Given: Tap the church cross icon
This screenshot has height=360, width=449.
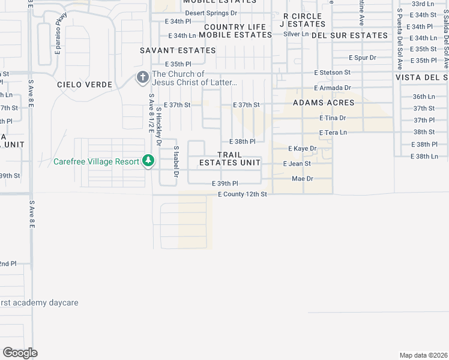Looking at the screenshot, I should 143,77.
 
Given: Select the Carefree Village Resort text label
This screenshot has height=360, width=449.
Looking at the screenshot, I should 97,161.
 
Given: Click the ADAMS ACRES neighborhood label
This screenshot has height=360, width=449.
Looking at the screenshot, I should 324,103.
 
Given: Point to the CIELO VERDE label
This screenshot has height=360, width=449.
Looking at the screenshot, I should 85,85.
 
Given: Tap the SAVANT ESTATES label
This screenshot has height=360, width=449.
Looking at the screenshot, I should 178,50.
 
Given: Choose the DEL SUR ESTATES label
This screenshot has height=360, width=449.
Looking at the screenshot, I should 350,35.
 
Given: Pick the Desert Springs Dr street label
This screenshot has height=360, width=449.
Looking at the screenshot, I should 211,13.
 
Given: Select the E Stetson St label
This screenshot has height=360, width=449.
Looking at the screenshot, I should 332,72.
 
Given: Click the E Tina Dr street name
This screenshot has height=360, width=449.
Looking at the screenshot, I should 333,118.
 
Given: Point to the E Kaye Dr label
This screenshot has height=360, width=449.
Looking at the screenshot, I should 302,148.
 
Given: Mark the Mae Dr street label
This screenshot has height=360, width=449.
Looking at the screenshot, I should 302,179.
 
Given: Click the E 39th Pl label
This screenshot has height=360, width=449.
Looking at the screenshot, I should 225,184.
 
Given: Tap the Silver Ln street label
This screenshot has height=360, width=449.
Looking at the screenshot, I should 296,34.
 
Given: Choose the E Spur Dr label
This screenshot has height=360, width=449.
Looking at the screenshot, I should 363,58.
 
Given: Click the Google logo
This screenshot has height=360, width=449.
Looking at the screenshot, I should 20,353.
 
